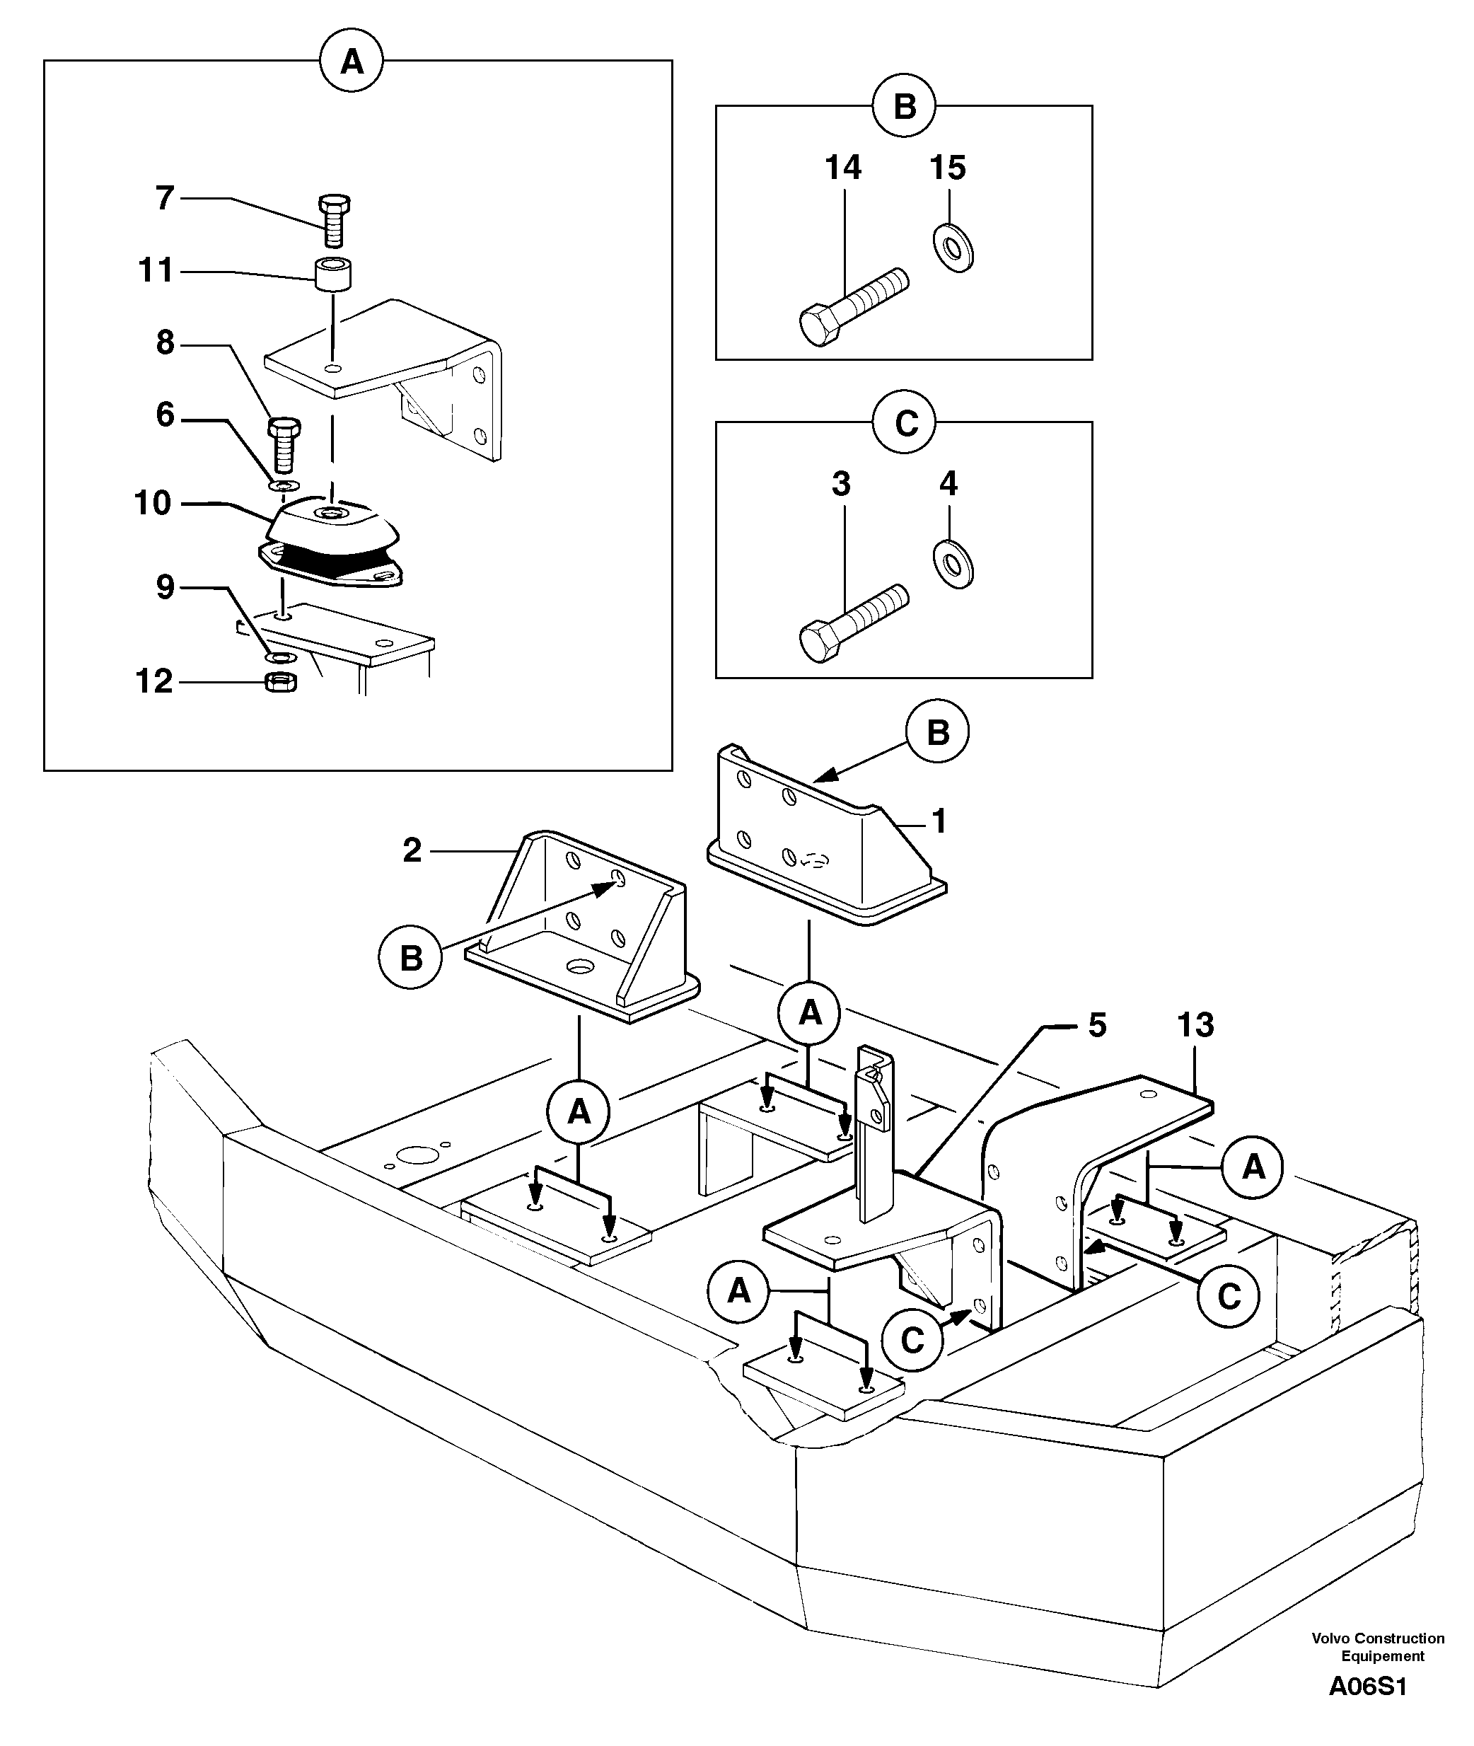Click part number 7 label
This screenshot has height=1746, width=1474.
[x=165, y=198]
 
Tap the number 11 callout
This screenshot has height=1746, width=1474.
[x=156, y=271]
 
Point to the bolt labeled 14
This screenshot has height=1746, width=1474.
[x=852, y=305]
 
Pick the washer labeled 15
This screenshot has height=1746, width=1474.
[x=953, y=248]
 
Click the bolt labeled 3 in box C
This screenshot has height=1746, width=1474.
[x=852, y=622]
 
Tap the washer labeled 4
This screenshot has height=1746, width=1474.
[x=953, y=564]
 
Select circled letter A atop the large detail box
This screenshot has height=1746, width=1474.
[x=352, y=62]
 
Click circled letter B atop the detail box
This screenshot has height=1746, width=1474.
[x=904, y=107]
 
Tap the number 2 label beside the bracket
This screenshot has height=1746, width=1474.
[x=412, y=851]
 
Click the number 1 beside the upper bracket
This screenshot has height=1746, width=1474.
[x=939, y=821]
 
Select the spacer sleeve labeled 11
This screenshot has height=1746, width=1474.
[x=333, y=275]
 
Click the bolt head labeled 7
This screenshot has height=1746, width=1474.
[x=335, y=204]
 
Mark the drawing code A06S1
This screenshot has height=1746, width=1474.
[x=1369, y=1687]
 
